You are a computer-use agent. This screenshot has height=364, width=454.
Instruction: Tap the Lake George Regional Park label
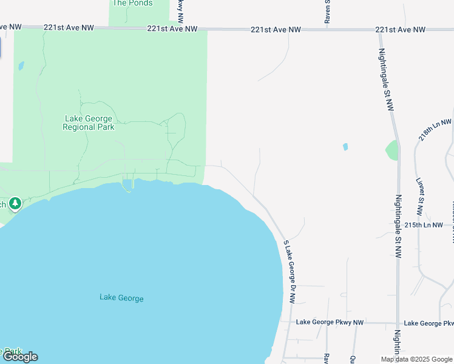tap(89, 123)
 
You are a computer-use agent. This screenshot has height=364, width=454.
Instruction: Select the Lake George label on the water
tap(121, 298)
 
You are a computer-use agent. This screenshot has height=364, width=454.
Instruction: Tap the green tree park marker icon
tap(15, 203)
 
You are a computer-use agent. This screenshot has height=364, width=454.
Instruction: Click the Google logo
tap(20, 357)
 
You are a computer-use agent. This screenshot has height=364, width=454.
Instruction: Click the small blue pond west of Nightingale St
tap(345, 147)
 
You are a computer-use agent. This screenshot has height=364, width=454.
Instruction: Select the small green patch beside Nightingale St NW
tap(392, 150)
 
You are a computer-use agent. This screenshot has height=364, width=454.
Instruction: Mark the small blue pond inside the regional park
tap(21, 66)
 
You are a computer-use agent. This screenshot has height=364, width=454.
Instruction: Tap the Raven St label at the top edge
tap(327, 11)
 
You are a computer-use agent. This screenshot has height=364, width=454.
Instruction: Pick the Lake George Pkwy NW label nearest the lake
tap(330, 323)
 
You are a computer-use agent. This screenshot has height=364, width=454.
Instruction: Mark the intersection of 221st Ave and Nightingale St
tap(379, 29)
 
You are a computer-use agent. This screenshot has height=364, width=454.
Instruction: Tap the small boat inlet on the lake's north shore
tap(127, 184)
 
